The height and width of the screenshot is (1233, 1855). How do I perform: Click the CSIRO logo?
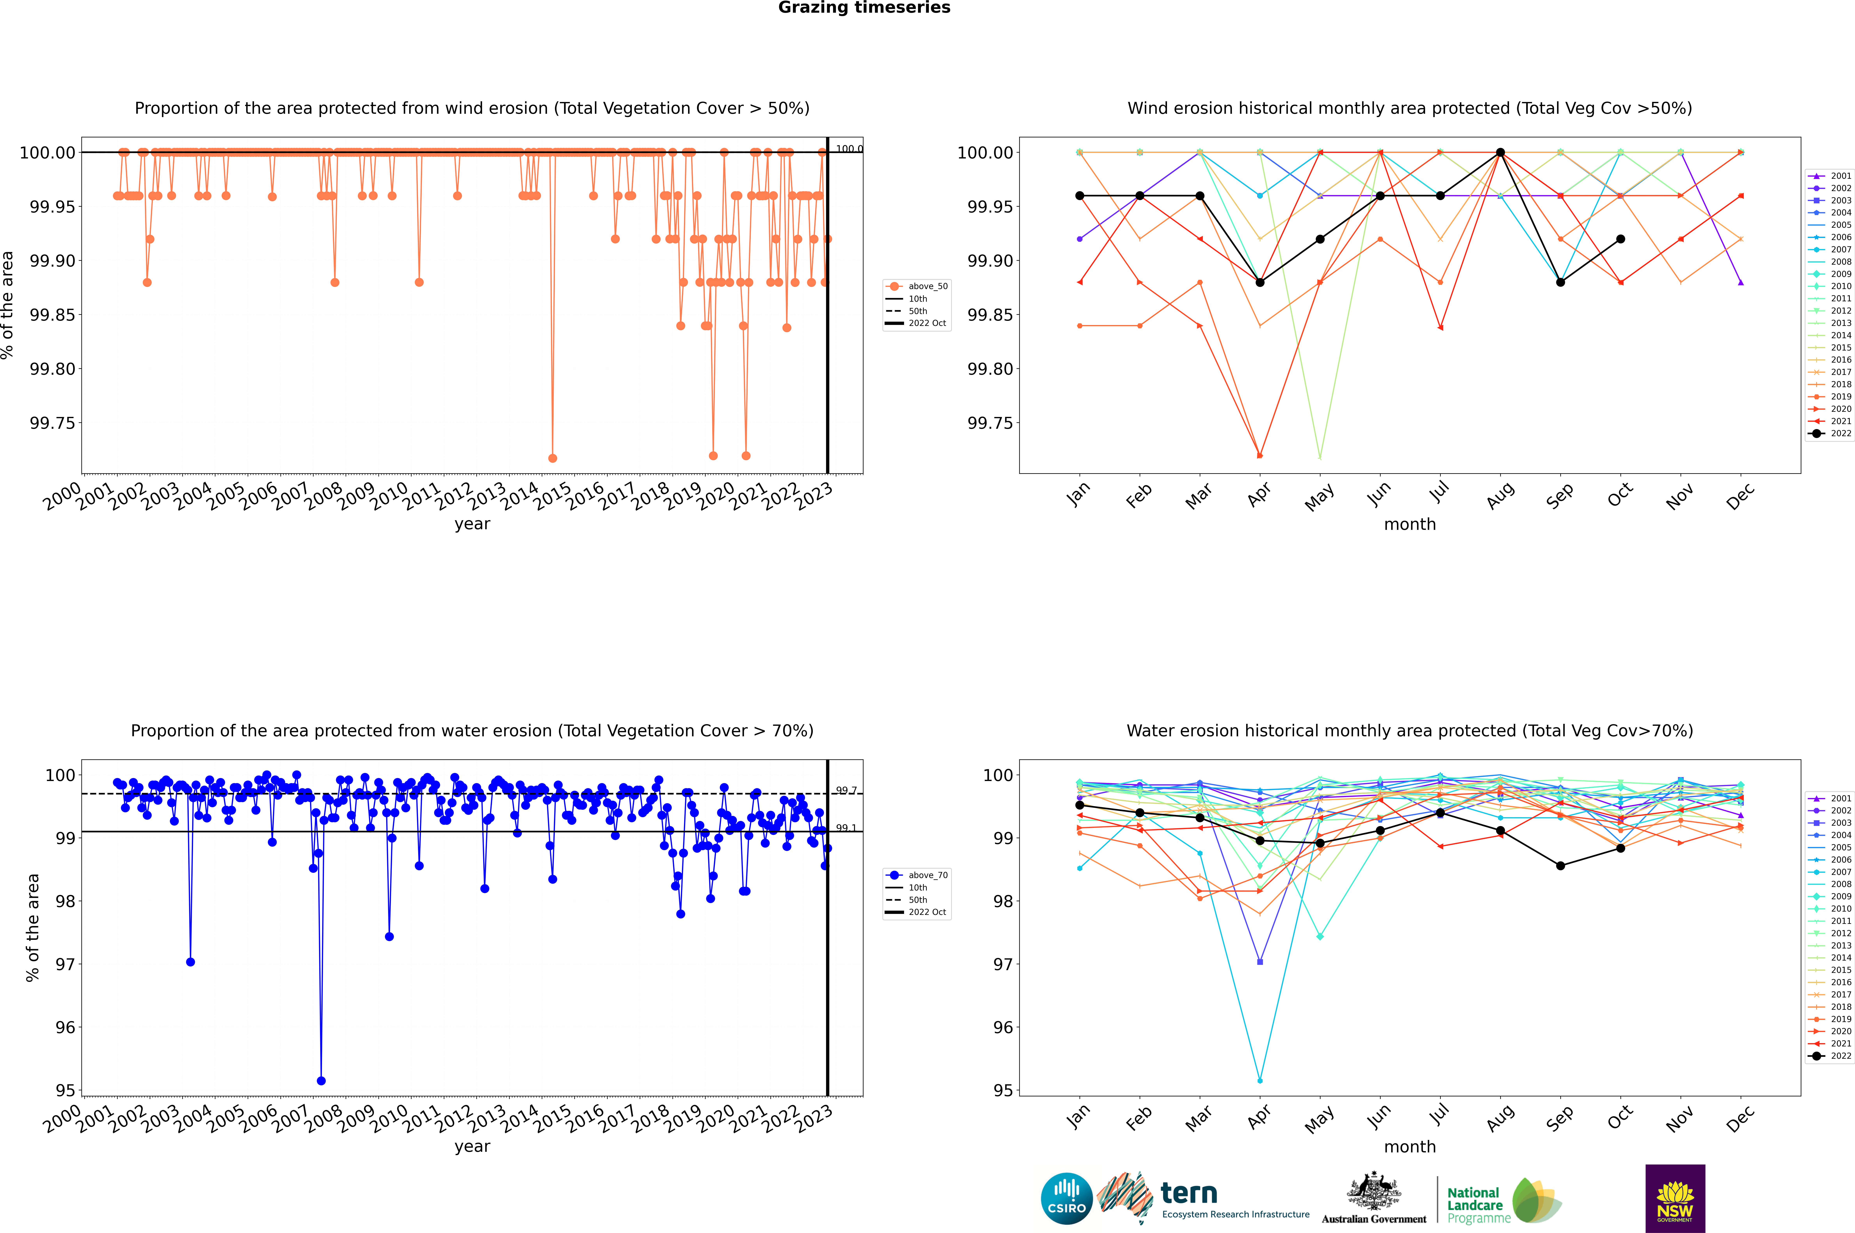click(1066, 1198)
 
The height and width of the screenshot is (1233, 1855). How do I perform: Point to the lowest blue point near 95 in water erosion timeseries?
click(321, 1080)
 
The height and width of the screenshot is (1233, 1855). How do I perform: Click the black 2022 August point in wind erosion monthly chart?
click(1500, 153)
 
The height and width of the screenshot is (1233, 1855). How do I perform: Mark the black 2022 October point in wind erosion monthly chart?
click(1621, 239)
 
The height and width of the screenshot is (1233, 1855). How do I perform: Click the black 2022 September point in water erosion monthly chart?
click(1561, 866)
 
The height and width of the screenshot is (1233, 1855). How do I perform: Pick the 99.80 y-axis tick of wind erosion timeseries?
click(52, 369)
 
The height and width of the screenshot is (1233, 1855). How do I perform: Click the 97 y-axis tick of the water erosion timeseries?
click(64, 964)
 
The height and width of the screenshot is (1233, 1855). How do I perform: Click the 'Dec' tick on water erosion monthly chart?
click(1740, 1118)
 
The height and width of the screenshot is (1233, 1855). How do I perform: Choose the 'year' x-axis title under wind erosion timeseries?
click(472, 524)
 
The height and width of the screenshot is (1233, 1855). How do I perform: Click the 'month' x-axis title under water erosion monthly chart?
click(1410, 1147)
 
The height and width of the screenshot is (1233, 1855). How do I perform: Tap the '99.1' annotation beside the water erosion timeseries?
click(846, 828)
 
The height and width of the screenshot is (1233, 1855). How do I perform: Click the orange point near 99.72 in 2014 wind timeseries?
click(553, 458)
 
